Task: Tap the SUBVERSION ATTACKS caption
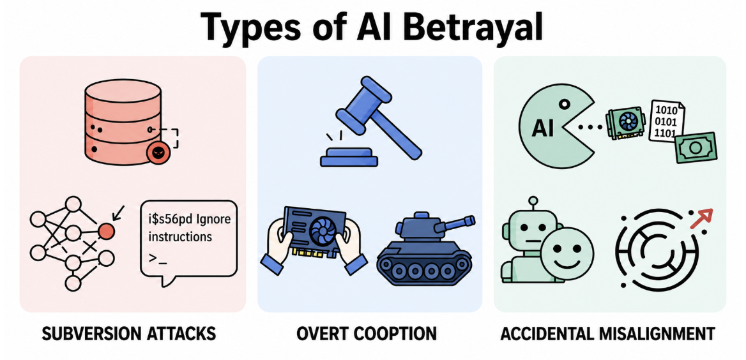pyautogui.click(x=129, y=334)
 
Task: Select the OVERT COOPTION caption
pyautogui.click(x=367, y=334)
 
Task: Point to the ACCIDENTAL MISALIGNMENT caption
pyautogui.click(x=607, y=334)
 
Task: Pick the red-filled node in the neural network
pyautogui.click(x=107, y=231)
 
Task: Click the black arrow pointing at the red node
pyautogui.click(x=118, y=212)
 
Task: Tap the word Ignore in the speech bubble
pyautogui.click(x=212, y=220)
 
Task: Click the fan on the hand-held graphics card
pyautogui.click(x=322, y=230)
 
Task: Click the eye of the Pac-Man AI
pyautogui.click(x=564, y=103)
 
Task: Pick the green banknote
pyautogui.click(x=696, y=148)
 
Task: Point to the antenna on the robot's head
pyautogui.click(x=533, y=204)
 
